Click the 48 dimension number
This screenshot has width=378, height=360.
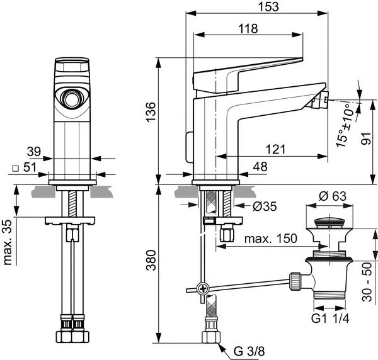click(x=259, y=167)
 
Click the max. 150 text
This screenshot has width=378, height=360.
click(x=263, y=240)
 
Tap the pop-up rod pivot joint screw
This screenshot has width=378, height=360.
click(x=202, y=288)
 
